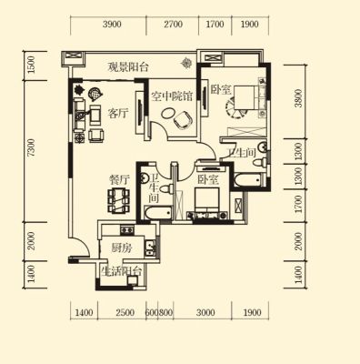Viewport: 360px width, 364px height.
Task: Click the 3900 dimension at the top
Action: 112,25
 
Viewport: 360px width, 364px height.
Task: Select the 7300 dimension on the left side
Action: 31,147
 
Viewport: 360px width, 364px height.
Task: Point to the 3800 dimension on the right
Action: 298,98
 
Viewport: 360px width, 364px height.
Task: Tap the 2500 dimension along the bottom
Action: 125,312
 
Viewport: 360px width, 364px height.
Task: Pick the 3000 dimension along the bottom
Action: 205,312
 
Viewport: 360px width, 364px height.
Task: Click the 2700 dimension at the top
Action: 173,25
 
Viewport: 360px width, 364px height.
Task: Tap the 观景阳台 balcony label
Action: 128,67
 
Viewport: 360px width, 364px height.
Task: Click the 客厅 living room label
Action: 118,114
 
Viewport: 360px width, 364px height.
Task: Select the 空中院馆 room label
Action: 172,96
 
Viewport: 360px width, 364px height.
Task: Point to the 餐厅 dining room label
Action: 119,179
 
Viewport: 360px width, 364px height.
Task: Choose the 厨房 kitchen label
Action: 122,248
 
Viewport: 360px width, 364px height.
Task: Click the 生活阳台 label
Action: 122,271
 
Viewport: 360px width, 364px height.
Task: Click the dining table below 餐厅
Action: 119,200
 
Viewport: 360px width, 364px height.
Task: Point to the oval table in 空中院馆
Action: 167,114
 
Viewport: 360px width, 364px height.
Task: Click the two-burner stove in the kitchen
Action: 126,230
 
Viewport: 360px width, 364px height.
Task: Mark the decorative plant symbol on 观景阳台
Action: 185,63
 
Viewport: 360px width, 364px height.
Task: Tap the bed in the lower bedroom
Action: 206,202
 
